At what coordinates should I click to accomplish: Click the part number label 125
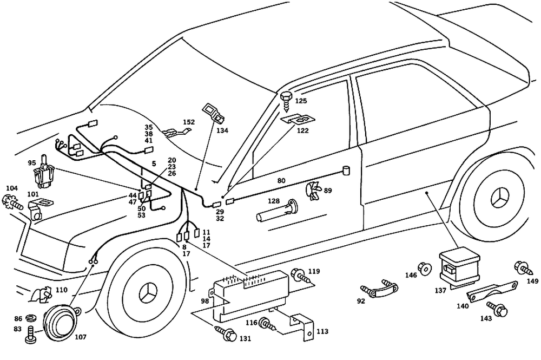[301, 101]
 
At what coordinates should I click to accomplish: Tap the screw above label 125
[286, 99]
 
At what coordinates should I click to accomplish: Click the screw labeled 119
[299, 275]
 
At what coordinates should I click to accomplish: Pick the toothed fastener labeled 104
[12, 204]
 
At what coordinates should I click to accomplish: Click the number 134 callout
[223, 130]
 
